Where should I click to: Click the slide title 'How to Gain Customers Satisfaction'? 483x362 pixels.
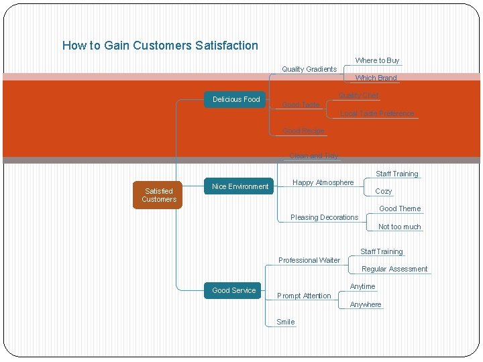[160, 46]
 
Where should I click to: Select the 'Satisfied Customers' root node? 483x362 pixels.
[159, 195]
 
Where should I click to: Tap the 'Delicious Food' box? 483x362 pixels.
[236, 99]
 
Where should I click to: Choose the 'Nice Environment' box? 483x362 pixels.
[240, 186]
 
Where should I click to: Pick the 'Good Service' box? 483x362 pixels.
[233, 290]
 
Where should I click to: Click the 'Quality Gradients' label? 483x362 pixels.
[309, 69]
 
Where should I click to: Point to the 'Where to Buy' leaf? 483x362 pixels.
[377, 60]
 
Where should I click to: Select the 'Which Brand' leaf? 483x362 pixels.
[376, 78]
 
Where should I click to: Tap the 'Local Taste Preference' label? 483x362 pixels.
[377, 113]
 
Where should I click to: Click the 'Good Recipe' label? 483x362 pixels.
[303, 131]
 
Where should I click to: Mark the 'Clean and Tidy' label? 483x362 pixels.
[313, 156]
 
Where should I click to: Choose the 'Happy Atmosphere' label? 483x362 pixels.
[323, 182]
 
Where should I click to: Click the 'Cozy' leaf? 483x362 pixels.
[384, 191]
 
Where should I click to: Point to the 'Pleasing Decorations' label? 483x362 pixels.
[324, 217]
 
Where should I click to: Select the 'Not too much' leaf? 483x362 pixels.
[399, 227]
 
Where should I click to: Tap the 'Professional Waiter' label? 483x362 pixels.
[309, 260]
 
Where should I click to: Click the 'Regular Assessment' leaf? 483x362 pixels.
[394, 269]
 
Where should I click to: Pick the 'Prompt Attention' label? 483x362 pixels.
[304, 296]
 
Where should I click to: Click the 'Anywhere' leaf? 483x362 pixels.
[366, 304]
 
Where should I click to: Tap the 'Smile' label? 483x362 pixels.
[286, 322]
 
